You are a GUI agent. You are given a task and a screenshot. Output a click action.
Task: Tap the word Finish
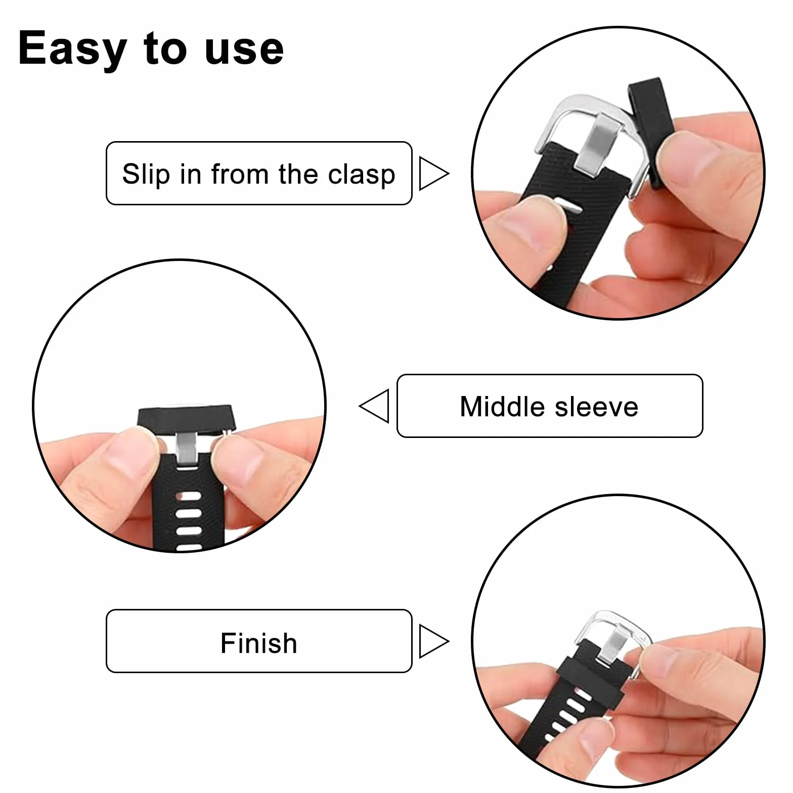click(258, 643)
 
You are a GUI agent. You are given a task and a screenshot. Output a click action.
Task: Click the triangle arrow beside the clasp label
click(434, 174)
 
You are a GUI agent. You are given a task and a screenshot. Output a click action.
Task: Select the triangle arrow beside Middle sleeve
click(374, 406)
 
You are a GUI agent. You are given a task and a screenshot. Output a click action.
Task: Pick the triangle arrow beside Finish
click(434, 641)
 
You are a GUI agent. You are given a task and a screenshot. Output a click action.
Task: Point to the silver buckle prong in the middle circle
click(186, 450)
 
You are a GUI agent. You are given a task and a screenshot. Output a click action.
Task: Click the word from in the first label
click(239, 174)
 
